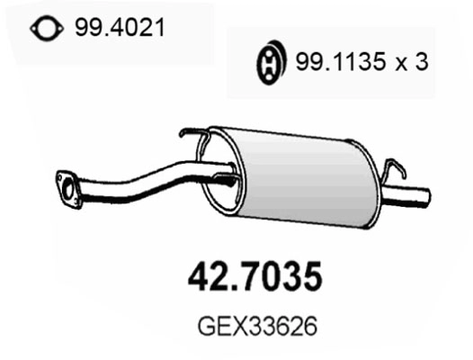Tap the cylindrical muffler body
[297, 171]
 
